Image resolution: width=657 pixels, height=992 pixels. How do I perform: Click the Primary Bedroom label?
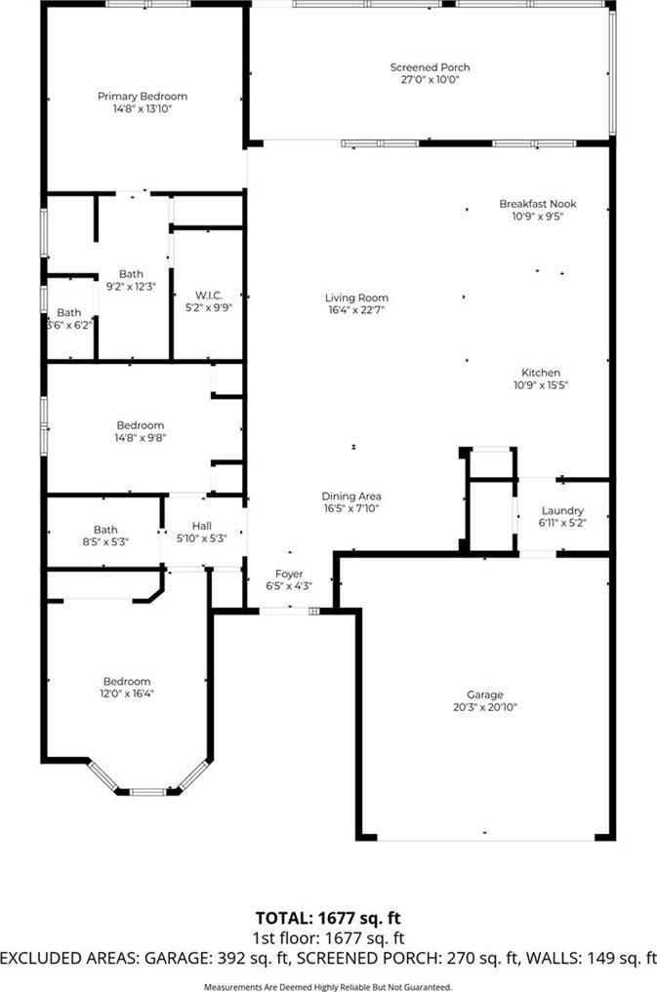tap(143, 97)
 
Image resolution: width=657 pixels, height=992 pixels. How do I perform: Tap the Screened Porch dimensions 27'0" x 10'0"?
tap(430, 80)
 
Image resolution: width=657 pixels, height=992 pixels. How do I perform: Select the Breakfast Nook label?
tap(538, 204)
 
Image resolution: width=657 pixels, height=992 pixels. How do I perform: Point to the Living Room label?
tap(356, 298)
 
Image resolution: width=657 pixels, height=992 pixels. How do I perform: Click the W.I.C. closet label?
tap(208, 296)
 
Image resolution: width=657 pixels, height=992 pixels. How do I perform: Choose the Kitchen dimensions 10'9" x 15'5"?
tap(541, 384)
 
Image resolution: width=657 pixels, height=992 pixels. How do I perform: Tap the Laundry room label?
tap(562, 510)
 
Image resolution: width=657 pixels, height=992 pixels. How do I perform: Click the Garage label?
tap(485, 694)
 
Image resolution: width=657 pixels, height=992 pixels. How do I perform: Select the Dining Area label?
tap(351, 496)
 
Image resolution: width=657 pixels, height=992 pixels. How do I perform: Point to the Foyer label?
tap(289, 574)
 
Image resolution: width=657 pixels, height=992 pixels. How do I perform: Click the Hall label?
tap(202, 526)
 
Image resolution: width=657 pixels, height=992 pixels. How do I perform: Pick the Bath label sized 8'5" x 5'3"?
tap(105, 530)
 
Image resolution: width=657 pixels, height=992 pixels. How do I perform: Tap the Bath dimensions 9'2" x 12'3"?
tap(131, 286)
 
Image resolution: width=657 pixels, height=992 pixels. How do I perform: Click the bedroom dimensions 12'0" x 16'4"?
tap(127, 694)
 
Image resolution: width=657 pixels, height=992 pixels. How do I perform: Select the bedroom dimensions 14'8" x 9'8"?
tap(141, 437)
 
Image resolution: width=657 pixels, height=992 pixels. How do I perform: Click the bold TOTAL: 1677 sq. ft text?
tap(328, 918)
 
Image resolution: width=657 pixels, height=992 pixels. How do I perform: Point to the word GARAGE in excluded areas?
tap(177, 959)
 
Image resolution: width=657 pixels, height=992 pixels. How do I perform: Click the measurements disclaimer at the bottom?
tap(328, 987)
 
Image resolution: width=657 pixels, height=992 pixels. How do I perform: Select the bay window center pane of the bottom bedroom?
tap(148, 791)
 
